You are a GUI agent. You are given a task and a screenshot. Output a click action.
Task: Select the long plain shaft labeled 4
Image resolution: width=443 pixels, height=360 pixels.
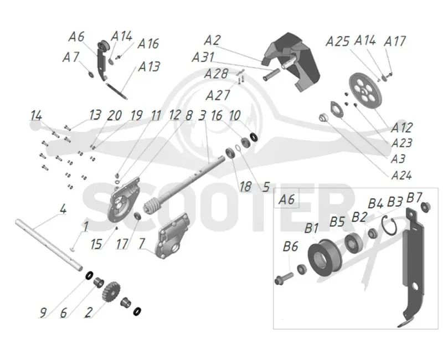[x=49, y=244]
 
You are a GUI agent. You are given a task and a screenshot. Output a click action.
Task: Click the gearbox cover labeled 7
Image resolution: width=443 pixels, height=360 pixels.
[x=174, y=235]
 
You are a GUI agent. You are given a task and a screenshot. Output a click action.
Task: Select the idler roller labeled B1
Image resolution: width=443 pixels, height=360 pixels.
[x=324, y=258]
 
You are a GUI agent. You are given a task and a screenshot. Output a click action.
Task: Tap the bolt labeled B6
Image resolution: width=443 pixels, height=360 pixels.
[x=284, y=278]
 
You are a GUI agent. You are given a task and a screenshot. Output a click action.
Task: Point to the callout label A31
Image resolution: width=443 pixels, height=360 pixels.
[x=203, y=58]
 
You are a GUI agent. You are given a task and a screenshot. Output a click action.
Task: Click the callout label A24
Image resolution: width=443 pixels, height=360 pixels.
[x=401, y=175]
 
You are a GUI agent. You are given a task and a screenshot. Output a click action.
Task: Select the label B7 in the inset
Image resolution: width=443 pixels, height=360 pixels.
[x=414, y=198]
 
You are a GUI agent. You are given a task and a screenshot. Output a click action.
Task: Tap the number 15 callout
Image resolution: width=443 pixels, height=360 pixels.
[x=96, y=244]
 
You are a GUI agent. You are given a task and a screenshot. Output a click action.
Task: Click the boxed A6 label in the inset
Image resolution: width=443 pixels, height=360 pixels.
[x=287, y=199]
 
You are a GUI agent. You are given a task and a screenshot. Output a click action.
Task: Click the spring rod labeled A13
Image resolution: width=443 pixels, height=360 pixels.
[x=117, y=90]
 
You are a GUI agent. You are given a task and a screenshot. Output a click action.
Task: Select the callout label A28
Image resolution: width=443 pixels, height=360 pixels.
[x=216, y=74]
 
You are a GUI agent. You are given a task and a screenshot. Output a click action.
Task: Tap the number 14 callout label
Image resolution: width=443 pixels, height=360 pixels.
[x=36, y=116]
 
